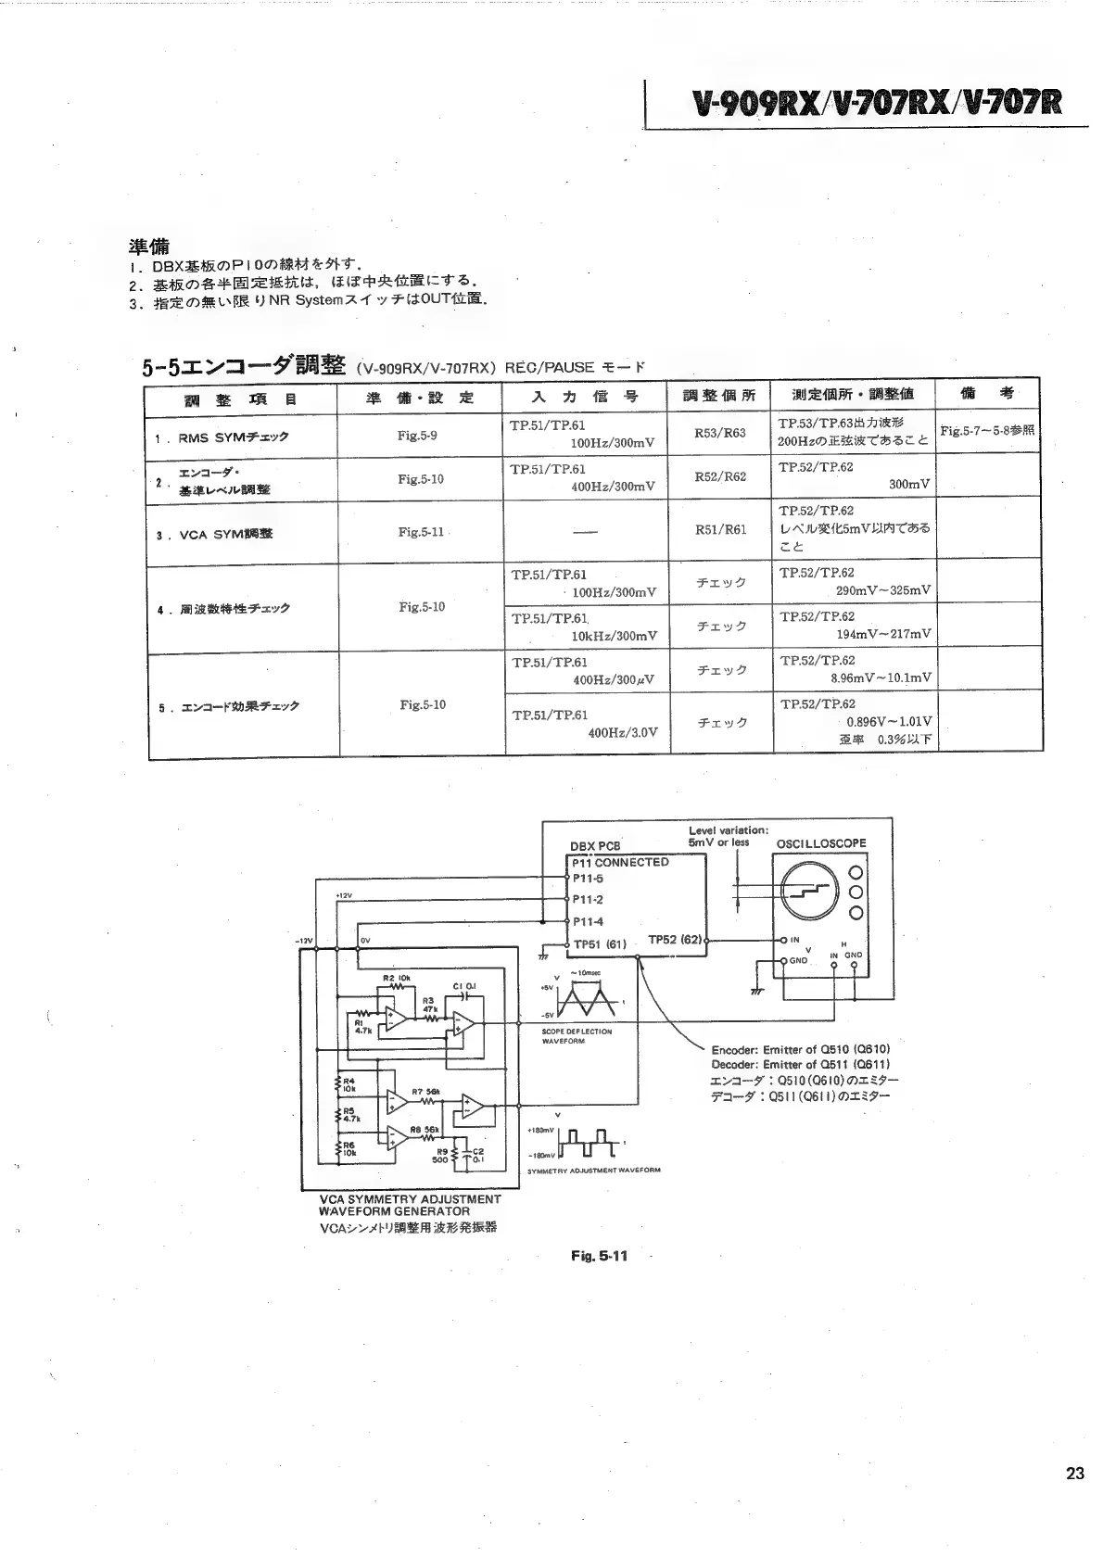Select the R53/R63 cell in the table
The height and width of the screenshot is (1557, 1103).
click(x=720, y=433)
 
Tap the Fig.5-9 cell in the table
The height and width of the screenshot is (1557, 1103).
click(x=417, y=435)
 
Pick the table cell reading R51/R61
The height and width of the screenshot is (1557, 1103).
click(x=720, y=530)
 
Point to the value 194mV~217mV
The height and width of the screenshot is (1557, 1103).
click(x=883, y=634)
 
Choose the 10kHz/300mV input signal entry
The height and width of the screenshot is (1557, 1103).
click(x=614, y=636)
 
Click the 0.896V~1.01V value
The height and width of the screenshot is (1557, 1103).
click(x=889, y=722)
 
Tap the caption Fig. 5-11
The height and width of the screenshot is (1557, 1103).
click(x=599, y=1256)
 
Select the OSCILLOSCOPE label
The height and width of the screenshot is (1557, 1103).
click(x=820, y=843)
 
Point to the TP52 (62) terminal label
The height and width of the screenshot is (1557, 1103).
click(x=676, y=940)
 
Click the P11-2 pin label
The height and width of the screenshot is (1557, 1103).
click(x=588, y=899)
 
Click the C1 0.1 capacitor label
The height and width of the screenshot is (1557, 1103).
click(x=464, y=986)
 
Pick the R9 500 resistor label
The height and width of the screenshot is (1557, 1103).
click(x=440, y=1154)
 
